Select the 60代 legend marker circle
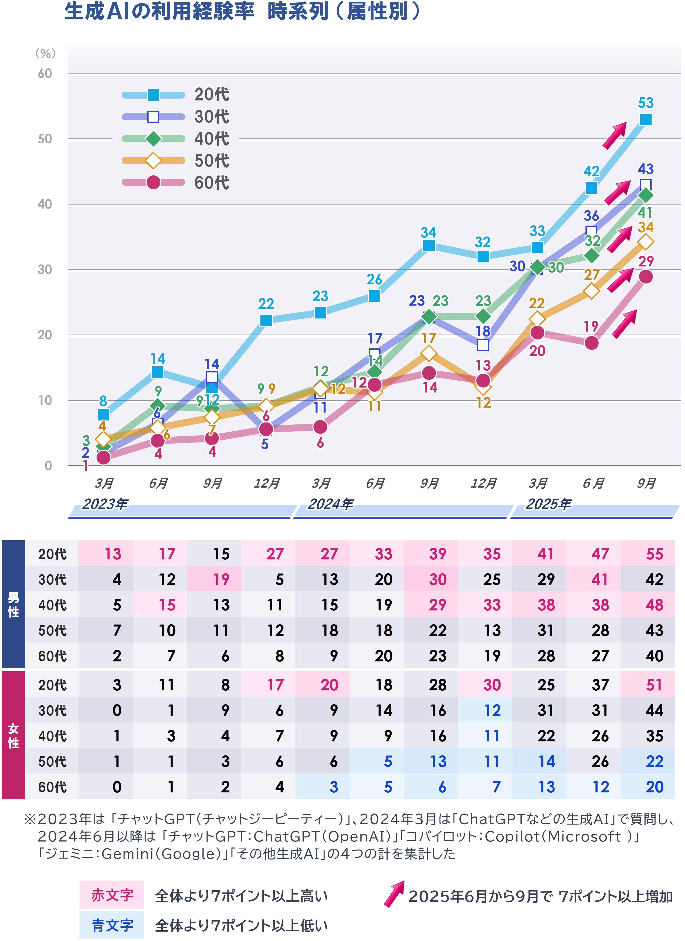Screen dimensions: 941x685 click(x=153, y=182)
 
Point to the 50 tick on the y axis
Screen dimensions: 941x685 click(x=45, y=139)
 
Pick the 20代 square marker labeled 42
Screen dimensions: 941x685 click(x=591, y=188)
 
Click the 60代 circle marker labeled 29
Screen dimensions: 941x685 click(x=645, y=277)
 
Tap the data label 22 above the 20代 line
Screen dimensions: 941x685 click(x=266, y=304)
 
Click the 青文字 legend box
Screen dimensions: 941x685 click(x=112, y=925)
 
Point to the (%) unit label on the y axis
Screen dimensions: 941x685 click(x=45, y=53)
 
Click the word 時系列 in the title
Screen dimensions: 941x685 click(x=298, y=11)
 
